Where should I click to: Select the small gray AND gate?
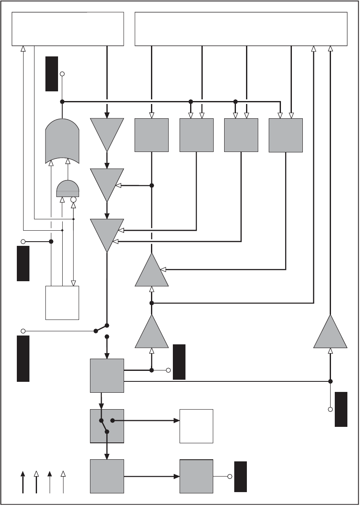(67, 189)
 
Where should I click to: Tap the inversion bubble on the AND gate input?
(73, 200)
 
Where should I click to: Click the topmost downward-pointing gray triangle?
(107, 131)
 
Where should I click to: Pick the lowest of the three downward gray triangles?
(107, 232)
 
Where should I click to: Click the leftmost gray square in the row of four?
(151, 135)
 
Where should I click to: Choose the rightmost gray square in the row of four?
(286, 135)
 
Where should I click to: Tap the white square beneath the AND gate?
(62, 303)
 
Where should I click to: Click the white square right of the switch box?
(196, 426)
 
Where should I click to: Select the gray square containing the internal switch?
(107, 426)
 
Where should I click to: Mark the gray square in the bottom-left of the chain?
(107, 476)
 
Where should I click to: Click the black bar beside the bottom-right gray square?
(240, 477)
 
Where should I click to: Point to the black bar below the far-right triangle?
(341, 409)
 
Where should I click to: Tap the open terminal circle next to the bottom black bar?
(230, 477)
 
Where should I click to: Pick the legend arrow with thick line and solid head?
(23, 482)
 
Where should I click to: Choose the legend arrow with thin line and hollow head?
(63, 482)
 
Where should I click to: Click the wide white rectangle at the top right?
(241, 29)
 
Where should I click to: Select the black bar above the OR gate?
(52, 73)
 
